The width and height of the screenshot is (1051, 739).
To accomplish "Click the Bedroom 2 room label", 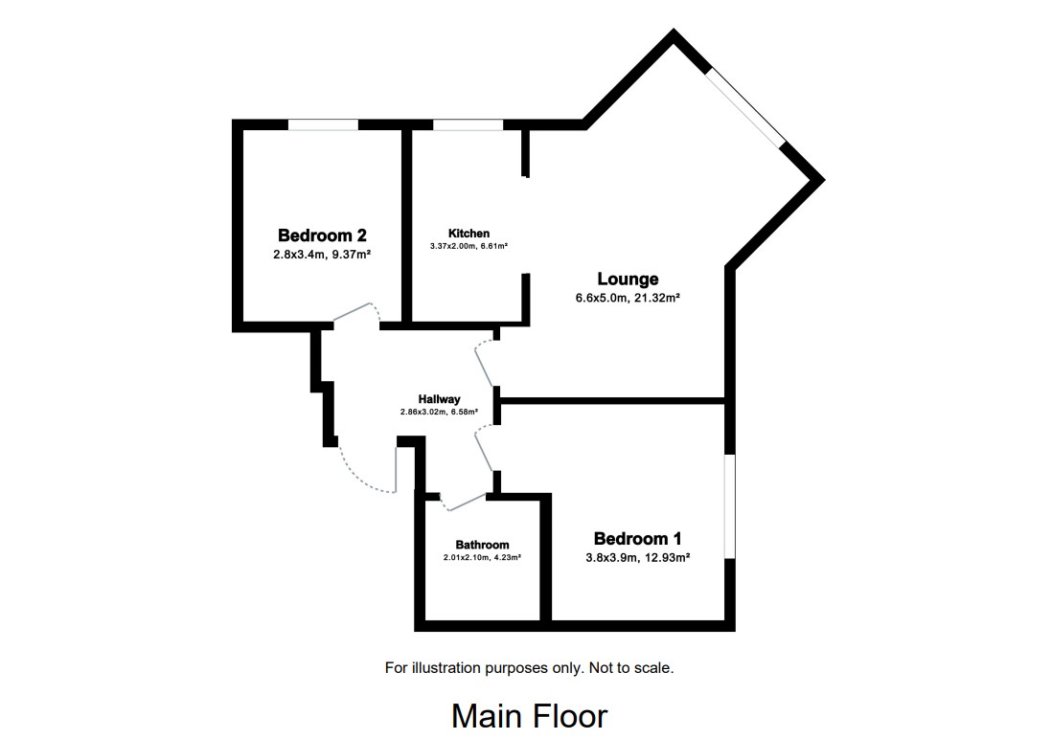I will coord(322,235).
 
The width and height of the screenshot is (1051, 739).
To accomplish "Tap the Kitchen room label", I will coord(468,234).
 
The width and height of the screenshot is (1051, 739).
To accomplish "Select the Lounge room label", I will coord(628,280).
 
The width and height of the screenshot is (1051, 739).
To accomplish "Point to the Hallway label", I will coord(439,399).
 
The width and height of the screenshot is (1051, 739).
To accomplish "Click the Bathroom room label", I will coord(482,545).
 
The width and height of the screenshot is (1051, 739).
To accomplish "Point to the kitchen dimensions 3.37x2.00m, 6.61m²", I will coord(468,246).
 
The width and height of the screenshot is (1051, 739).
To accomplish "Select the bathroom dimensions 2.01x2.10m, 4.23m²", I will coord(482,557).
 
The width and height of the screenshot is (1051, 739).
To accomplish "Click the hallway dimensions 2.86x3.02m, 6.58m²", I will coord(439,412).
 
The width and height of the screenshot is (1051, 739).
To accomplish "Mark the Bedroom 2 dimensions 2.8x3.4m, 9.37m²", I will coord(322,255).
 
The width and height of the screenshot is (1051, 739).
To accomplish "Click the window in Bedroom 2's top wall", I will coord(324,123).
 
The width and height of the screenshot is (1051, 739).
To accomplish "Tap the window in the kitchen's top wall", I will coord(468,123).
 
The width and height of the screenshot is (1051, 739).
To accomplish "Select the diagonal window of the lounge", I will coord(746,107).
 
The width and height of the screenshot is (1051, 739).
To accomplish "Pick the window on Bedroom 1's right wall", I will coord(730,504).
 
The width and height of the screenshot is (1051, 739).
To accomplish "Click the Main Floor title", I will coord(529,716).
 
